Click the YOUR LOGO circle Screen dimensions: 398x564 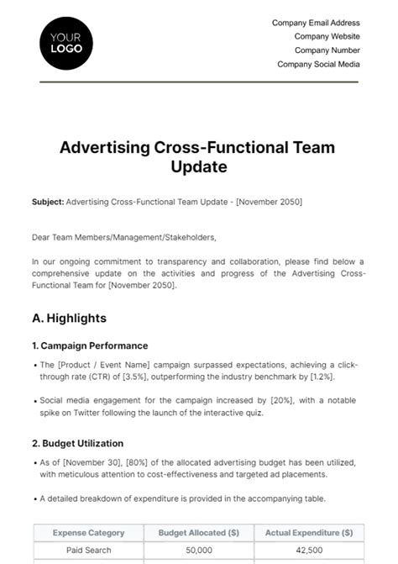[x=66, y=44]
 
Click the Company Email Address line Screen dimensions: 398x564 [x=316, y=23]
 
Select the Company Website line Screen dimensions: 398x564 [x=327, y=37]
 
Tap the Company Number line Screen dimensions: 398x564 [x=327, y=50]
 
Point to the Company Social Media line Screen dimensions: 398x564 [x=318, y=64]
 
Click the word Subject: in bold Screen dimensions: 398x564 [x=47, y=202]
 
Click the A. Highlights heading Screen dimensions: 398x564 [x=69, y=318]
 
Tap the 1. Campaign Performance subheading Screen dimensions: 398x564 [x=90, y=345]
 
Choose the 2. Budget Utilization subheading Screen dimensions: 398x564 [x=77, y=443]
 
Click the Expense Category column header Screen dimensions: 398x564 [x=88, y=532]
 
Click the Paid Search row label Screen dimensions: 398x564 [x=88, y=551]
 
